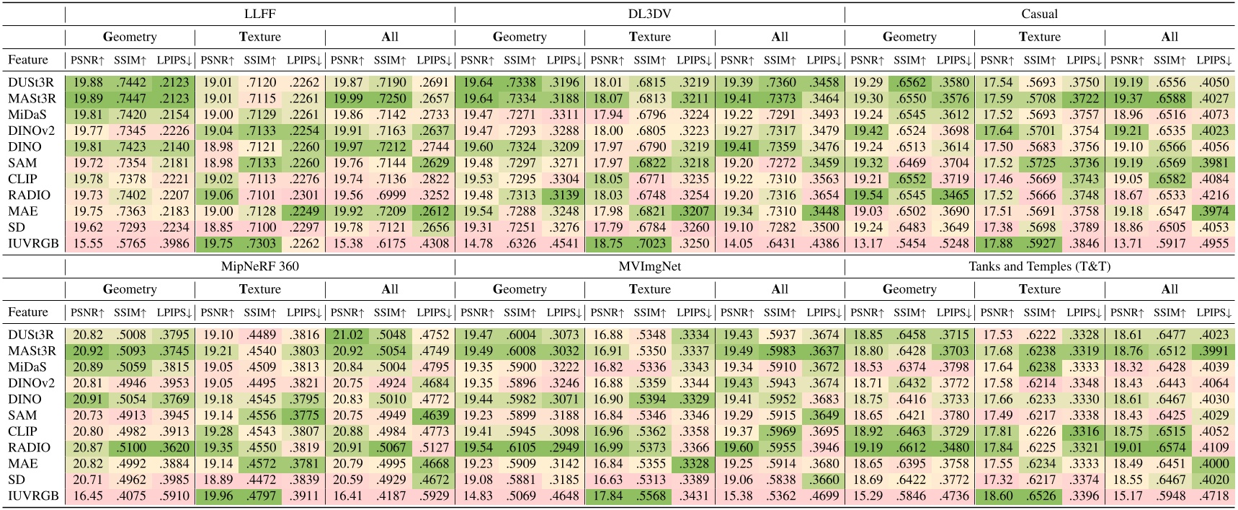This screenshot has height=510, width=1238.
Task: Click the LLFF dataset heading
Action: [x=259, y=14]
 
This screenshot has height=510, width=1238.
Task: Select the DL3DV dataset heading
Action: [x=649, y=14]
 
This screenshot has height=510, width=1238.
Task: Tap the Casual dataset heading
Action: [x=1039, y=14]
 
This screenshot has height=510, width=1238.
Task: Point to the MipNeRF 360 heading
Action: [x=259, y=266]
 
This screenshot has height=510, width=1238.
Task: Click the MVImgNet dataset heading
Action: [x=649, y=266]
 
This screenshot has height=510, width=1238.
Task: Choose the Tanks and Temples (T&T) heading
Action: [x=1039, y=266]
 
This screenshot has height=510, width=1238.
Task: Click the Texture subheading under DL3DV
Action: [x=649, y=37]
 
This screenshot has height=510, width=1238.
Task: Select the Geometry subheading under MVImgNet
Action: [x=519, y=289]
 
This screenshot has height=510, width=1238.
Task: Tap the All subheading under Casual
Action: [x=1170, y=37]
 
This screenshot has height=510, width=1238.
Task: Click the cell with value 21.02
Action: [x=347, y=335]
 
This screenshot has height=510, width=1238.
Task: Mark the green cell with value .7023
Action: [x=649, y=244]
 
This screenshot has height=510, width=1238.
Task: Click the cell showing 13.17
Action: [x=867, y=244]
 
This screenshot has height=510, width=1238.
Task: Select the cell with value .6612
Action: [x=909, y=447]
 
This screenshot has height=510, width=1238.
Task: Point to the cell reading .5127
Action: [x=433, y=447]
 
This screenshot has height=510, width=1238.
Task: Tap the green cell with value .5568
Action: [x=649, y=496]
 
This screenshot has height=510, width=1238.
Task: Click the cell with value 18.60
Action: [x=997, y=496]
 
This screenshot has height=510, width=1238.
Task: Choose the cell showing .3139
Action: [x=563, y=195]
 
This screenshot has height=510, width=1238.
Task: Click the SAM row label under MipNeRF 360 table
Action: [x=22, y=416]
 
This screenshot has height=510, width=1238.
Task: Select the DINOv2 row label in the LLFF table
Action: [x=28, y=131]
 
